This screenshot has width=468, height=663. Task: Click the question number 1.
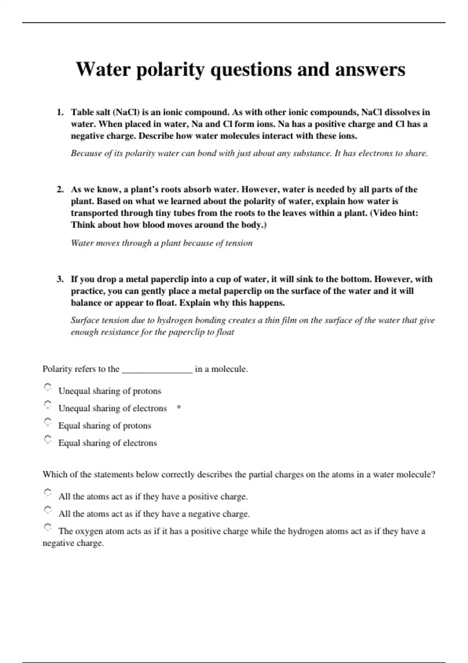[60, 112]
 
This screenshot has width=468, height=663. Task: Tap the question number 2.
[60, 190]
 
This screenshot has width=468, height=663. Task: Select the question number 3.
[60, 279]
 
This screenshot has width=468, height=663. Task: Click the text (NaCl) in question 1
[126, 112]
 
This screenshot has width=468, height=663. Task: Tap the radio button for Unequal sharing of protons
[48, 387]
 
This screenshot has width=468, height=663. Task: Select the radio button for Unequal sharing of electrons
[48, 404]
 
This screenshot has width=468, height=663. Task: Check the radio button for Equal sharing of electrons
[48, 439]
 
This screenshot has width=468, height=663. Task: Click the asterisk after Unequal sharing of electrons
[179, 408]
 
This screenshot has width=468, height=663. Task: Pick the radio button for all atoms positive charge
[48, 493]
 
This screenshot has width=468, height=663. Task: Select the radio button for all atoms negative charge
[48, 510]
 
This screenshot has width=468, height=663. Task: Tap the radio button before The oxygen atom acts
[48, 527]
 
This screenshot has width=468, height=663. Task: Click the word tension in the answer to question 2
[239, 243]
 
